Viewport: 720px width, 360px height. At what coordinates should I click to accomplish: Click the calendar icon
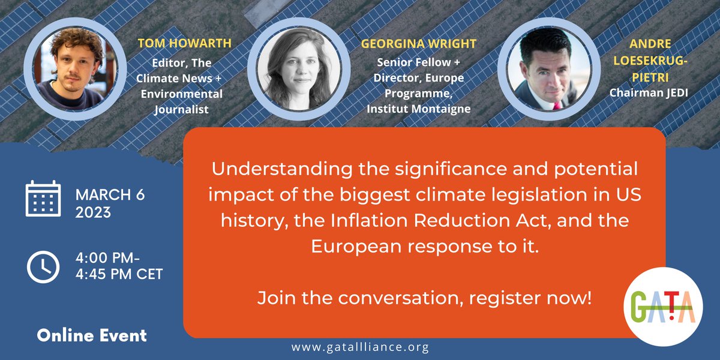click(43, 199)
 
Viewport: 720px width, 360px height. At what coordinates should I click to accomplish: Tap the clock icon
click(43, 266)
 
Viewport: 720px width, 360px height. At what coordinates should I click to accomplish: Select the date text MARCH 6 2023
click(110, 203)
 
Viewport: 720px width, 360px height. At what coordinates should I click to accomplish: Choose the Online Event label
click(91, 335)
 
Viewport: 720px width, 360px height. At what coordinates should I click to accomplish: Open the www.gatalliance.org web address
click(359, 347)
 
